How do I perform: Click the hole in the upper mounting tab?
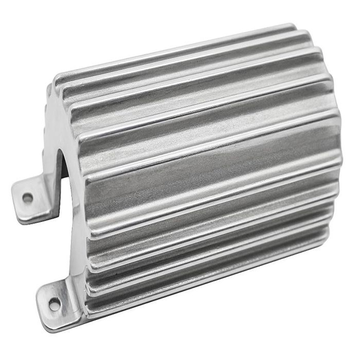[28, 197]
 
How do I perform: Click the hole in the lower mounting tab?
[54, 305]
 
